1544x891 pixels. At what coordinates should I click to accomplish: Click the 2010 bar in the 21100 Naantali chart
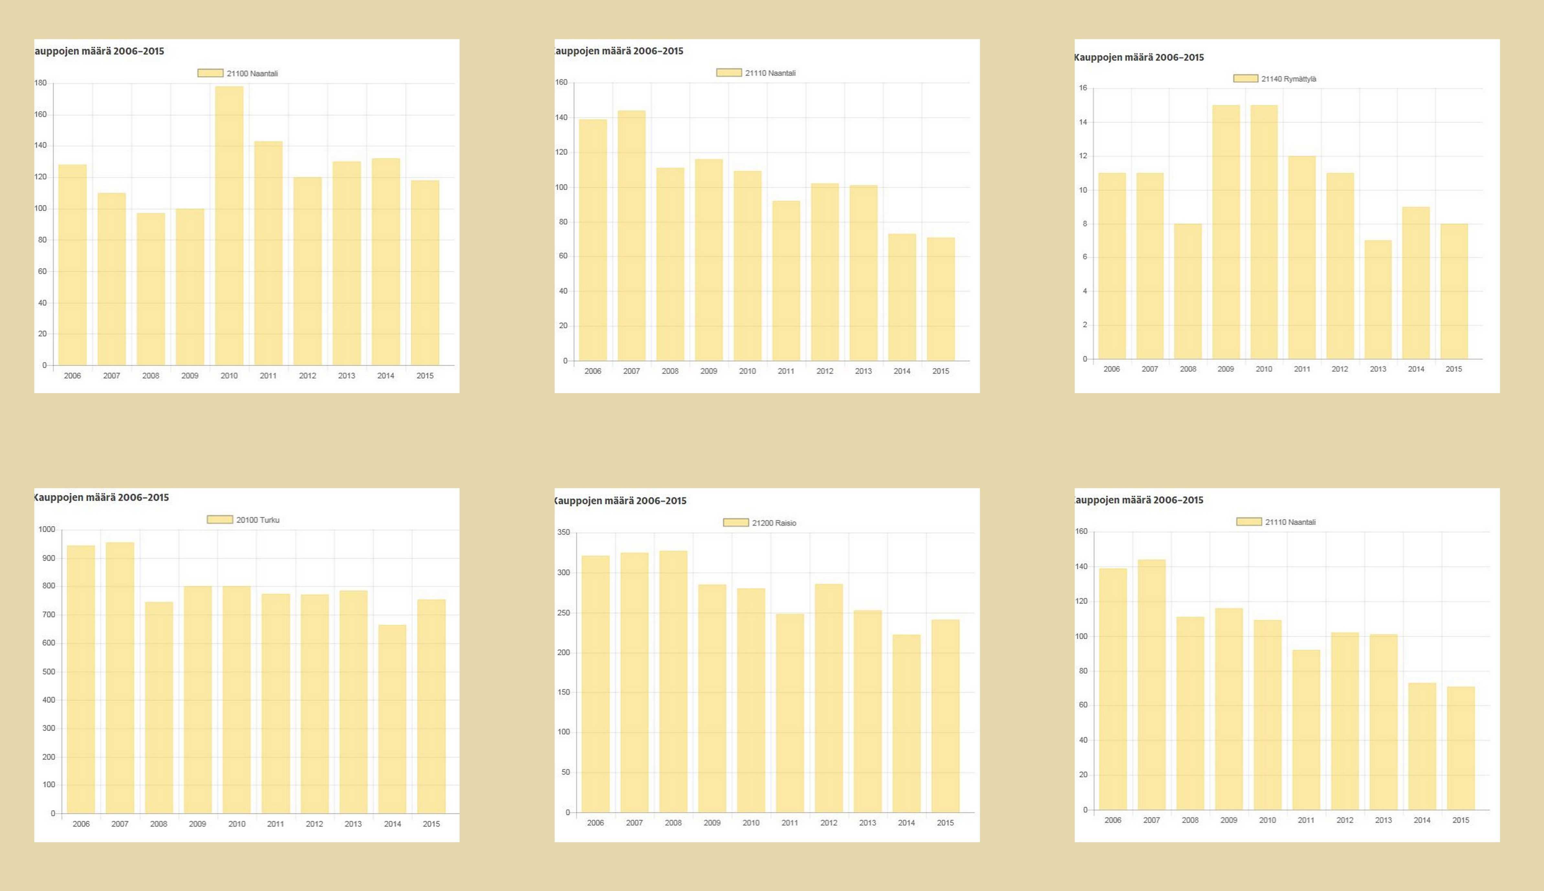click(229, 226)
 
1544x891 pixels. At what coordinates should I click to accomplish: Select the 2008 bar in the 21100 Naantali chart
click(151, 289)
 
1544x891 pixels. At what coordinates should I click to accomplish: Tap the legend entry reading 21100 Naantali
click(238, 73)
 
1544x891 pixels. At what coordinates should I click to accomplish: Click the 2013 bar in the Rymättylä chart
click(1377, 300)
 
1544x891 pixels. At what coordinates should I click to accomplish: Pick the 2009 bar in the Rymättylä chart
click(1226, 232)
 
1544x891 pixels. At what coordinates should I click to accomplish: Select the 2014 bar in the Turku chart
click(392, 719)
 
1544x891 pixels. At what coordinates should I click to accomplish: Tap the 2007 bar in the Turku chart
click(120, 678)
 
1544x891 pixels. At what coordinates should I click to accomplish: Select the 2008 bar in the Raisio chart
click(673, 682)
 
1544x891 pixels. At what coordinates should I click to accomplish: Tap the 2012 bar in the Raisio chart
click(828, 698)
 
